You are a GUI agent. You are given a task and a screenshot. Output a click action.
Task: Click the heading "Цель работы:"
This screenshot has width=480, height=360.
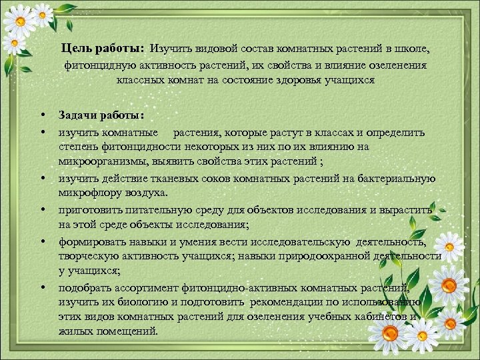click(102, 49)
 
